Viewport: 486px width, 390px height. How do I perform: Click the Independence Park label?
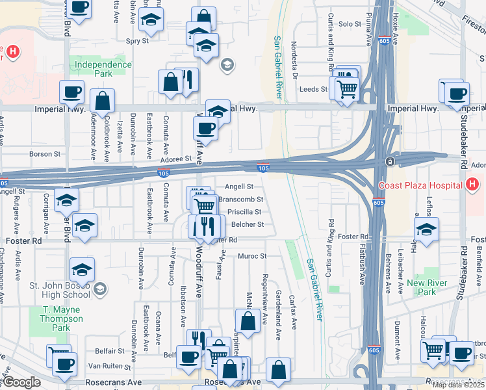click(103, 70)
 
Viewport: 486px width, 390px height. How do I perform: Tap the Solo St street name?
click(350, 24)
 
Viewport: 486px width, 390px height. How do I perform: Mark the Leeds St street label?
click(314, 89)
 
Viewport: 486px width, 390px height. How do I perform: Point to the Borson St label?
click(45, 154)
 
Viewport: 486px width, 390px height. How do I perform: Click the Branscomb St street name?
click(241, 200)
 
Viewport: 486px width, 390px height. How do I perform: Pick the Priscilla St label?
click(244, 212)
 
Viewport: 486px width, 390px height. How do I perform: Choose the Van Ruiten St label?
click(110, 365)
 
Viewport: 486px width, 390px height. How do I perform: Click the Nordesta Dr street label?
click(294, 60)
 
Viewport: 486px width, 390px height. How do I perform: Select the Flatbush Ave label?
click(361, 265)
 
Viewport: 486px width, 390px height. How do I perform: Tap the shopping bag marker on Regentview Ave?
click(248, 320)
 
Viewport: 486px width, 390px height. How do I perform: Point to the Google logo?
click(21, 383)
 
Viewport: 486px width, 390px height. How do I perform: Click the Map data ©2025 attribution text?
click(459, 385)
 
